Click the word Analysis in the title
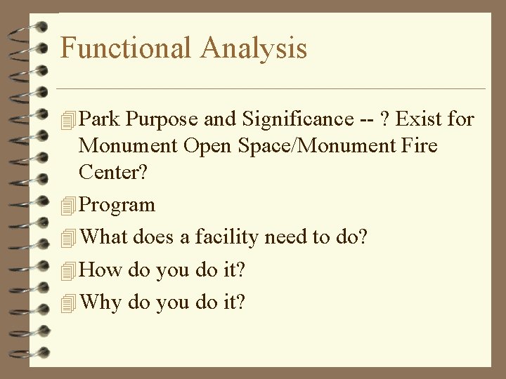(254, 48)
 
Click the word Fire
(421, 146)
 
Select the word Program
(117, 206)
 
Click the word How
(100, 270)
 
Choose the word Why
(101, 302)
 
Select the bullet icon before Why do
(68, 303)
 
